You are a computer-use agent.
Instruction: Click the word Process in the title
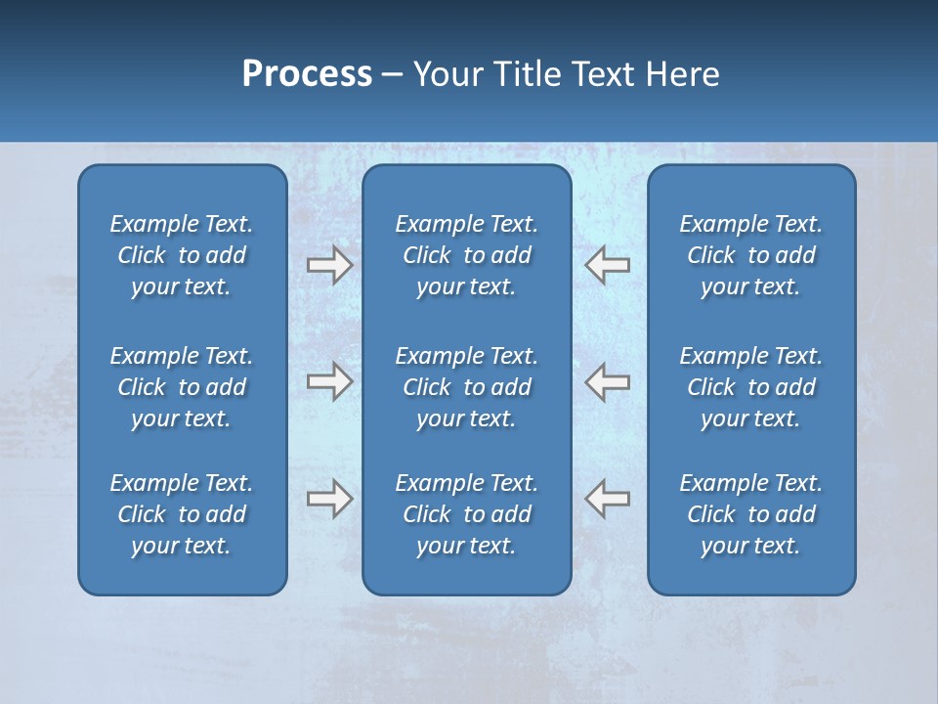(x=307, y=74)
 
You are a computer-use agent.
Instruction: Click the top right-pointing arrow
(x=330, y=265)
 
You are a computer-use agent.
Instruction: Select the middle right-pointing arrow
(x=330, y=381)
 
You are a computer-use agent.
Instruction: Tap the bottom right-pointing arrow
(x=330, y=499)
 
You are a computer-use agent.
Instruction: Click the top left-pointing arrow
(x=607, y=265)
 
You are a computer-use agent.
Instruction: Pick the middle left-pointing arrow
(x=607, y=381)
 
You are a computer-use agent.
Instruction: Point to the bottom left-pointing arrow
(x=607, y=499)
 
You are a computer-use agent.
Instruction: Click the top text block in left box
(x=182, y=255)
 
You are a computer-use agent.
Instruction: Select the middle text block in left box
(x=182, y=387)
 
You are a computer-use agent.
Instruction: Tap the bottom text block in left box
(x=182, y=514)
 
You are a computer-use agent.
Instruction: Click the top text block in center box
(x=466, y=255)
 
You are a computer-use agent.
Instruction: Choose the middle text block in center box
(x=466, y=387)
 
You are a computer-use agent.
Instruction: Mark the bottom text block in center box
(x=466, y=514)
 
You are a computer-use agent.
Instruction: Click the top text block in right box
(x=750, y=255)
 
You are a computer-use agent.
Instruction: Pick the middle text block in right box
(x=750, y=387)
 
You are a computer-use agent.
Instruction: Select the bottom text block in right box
(x=750, y=514)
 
